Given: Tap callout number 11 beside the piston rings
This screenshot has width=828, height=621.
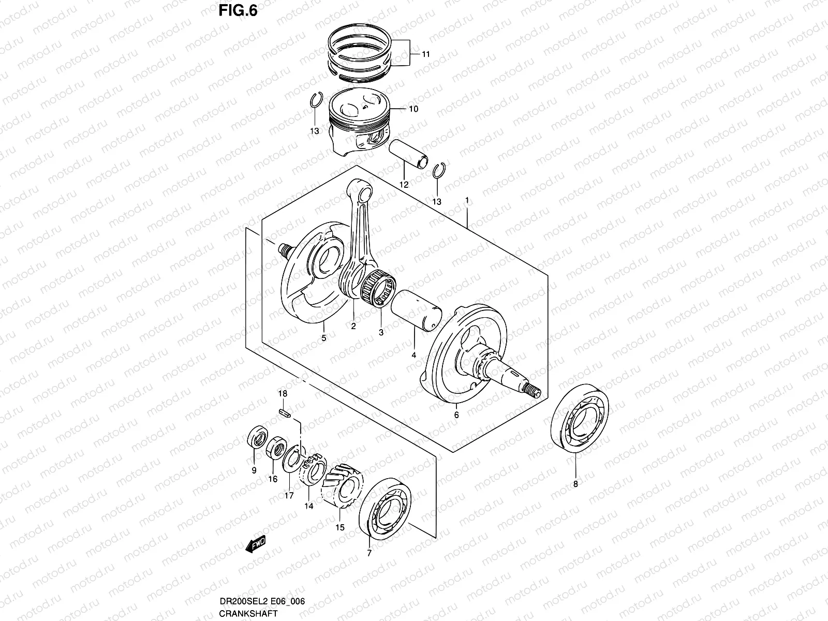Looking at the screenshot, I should (x=425, y=54).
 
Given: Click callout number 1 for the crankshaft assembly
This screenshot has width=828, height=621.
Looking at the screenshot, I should (x=467, y=200).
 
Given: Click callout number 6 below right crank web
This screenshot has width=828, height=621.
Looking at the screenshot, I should (x=456, y=415).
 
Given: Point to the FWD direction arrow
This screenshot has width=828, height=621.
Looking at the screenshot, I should (x=256, y=544).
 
